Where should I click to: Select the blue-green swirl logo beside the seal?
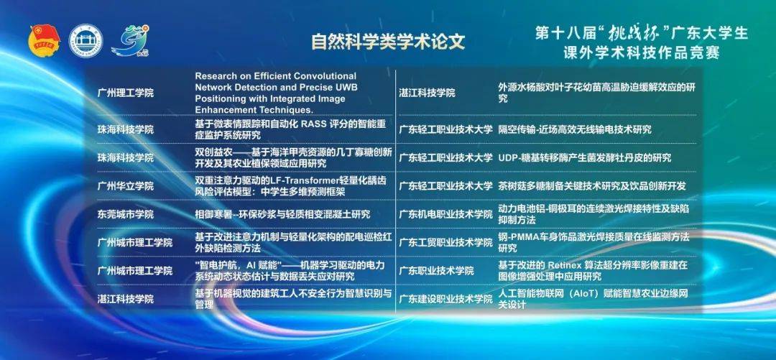[131, 41]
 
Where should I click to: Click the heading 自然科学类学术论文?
[388, 42]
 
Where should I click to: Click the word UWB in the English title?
[346, 87]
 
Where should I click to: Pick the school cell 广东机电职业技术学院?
[446, 214]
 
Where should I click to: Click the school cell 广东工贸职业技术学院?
[446, 243]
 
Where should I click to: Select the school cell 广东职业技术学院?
[437, 271]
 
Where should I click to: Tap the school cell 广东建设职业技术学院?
[446, 299]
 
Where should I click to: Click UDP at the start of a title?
[507, 158]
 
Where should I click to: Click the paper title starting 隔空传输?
[575, 130]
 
